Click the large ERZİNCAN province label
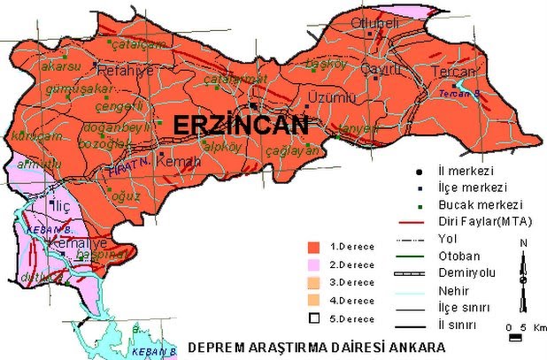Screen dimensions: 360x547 point(241,126)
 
